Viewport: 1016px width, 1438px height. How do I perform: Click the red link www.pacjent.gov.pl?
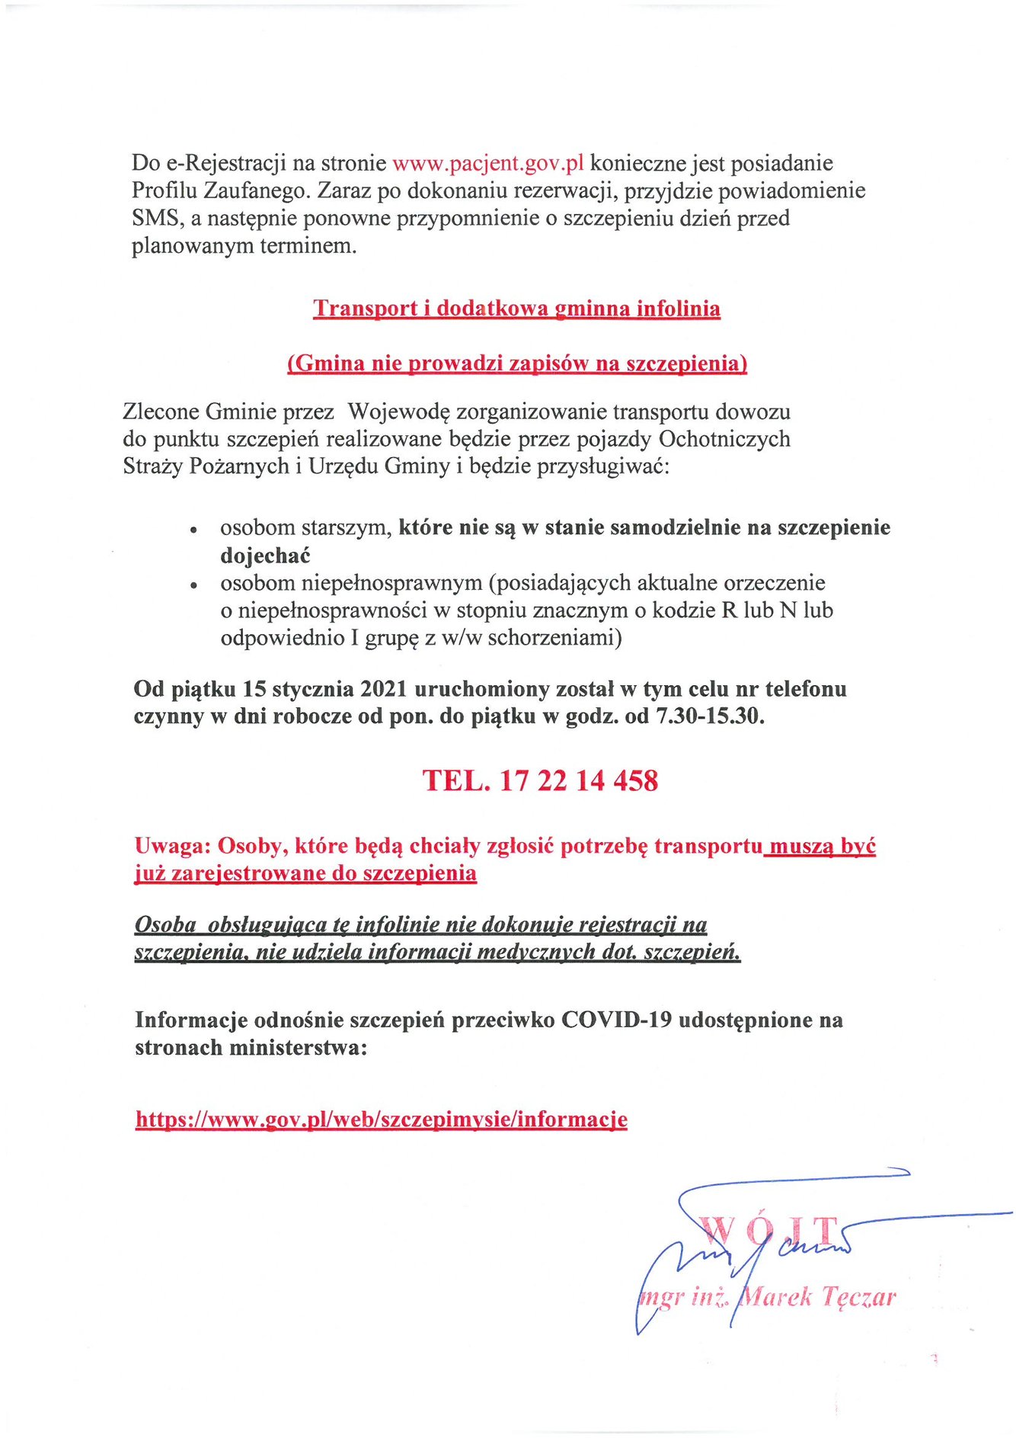pos(487,164)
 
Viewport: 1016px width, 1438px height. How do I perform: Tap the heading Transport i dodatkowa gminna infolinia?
pos(516,309)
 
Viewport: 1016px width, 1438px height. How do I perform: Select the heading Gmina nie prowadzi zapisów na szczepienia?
pos(517,364)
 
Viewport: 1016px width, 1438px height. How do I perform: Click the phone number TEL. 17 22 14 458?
pos(540,780)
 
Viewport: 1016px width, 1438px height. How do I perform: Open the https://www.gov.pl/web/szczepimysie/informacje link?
pos(382,1119)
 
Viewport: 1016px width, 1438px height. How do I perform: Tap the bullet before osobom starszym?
pos(194,529)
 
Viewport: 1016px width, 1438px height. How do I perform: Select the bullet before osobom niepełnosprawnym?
pos(194,584)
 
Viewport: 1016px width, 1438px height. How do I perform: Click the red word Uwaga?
pos(172,846)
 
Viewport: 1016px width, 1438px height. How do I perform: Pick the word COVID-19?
pos(616,1020)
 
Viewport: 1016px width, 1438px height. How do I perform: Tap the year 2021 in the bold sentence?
pos(384,689)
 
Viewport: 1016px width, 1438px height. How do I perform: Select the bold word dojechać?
pos(265,556)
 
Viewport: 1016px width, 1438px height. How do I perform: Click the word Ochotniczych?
pos(724,440)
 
